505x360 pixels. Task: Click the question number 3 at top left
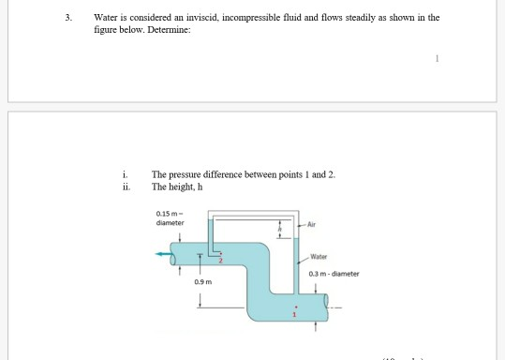coord(67,18)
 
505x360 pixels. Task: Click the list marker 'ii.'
coord(126,184)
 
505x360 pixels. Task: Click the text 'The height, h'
coord(176,184)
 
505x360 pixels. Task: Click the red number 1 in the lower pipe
coord(294,314)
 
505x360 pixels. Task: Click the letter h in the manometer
coord(278,227)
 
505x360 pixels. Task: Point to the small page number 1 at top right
coord(436,56)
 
